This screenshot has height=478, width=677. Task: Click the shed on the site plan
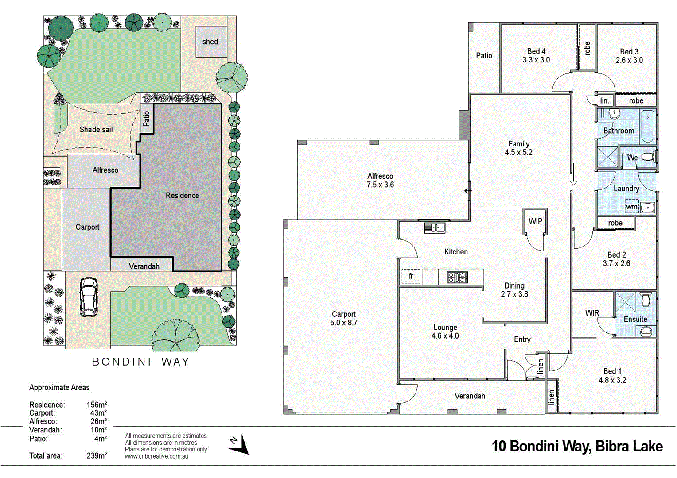pos(211,42)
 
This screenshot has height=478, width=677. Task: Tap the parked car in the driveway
pos(88,297)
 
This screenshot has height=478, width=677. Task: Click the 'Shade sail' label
pos(96,130)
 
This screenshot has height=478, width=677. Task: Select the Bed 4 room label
pos(536,51)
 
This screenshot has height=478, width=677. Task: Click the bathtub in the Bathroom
pos(647,126)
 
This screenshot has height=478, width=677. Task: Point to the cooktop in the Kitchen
pos(458,278)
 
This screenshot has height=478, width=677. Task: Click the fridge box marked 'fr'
pos(411,276)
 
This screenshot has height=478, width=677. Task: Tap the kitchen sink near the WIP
pos(434,228)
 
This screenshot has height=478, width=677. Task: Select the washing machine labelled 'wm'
pos(631,207)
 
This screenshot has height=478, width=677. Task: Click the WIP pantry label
pos(535,221)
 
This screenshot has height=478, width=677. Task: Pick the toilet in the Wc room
pos(648,157)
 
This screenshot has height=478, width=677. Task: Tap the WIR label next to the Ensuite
pos(592,313)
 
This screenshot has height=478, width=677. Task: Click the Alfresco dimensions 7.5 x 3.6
pos(380,185)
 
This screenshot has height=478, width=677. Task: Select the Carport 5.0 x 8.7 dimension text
pos(343,323)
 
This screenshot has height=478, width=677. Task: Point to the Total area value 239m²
pos(97,455)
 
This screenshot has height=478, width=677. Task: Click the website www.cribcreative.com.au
pos(156,456)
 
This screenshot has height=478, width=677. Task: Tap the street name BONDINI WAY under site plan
pos(140,362)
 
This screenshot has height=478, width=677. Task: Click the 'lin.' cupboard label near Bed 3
pos(604,101)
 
